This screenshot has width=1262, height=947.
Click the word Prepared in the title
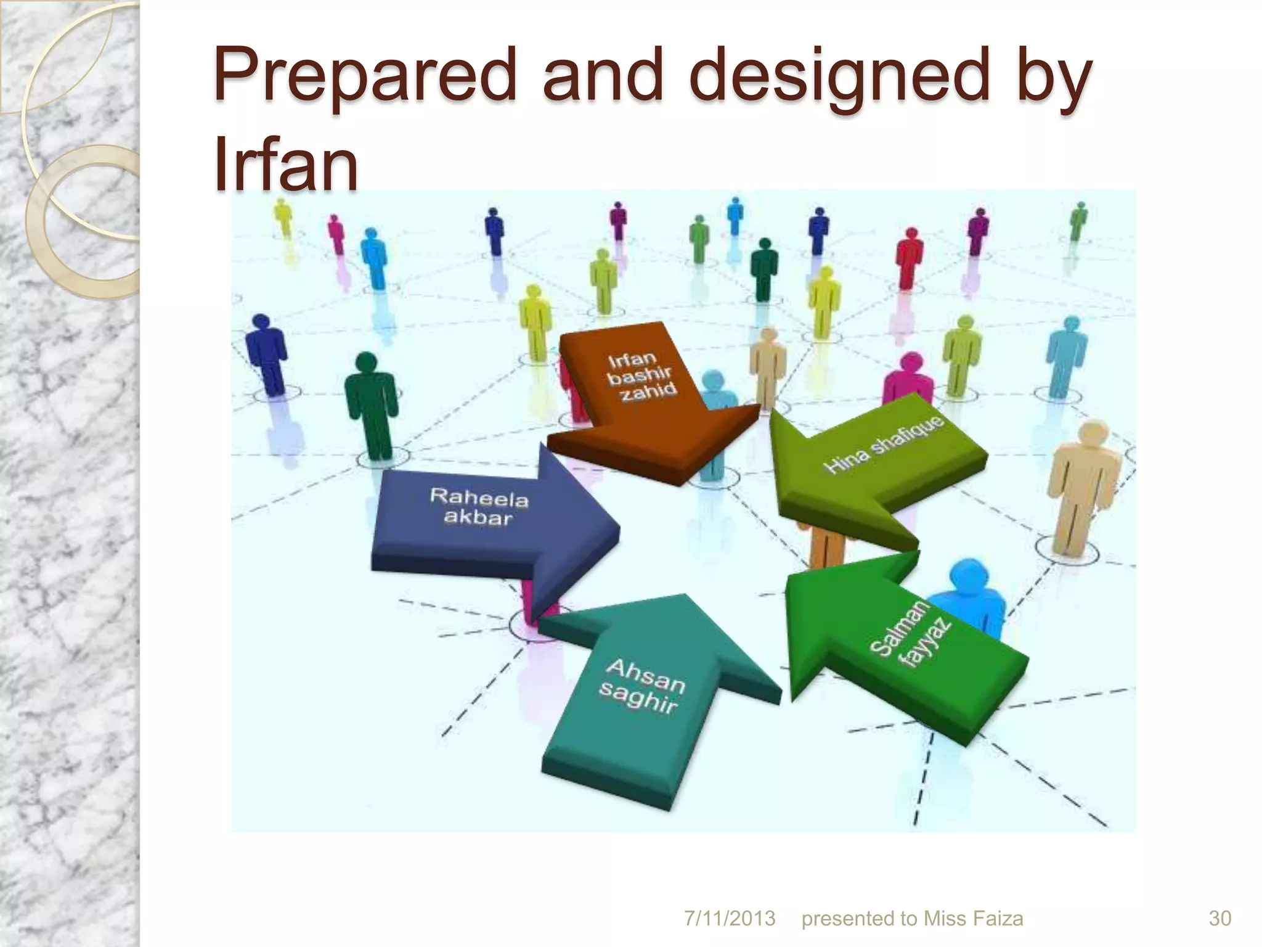point(364,77)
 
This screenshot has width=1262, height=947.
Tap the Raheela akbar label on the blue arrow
point(478,506)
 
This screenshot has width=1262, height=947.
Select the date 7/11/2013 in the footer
point(730,918)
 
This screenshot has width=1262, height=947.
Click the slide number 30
point(1219,918)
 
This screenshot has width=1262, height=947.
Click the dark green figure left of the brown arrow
point(370,404)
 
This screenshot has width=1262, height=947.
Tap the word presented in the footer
point(850,918)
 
